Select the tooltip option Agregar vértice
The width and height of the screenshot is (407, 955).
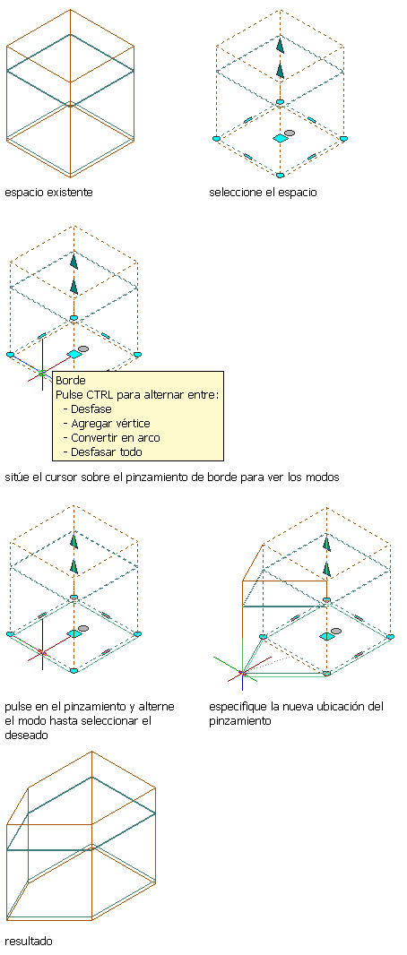coord(110,423)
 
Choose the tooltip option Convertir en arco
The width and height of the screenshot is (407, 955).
coord(116,437)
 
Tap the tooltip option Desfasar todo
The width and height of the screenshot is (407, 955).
coord(107,452)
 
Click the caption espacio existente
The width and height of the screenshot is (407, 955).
coord(48,193)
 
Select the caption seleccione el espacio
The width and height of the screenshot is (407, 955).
coord(263,193)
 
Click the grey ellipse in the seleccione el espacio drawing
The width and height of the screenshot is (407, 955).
coord(290,133)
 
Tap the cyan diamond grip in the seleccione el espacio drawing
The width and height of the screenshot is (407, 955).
coord(280,139)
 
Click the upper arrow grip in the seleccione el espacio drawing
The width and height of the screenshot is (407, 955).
coord(280,45)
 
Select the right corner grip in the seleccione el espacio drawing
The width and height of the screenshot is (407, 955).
coord(343,139)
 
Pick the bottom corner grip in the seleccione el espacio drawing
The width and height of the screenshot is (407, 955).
coord(280,176)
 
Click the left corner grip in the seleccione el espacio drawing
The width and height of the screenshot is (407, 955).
coord(216,139)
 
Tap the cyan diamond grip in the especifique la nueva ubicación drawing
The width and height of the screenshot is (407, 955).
coord(326,636)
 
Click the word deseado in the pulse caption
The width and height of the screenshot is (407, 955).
coord(25,736)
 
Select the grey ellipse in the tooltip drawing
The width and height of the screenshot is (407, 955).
coord(83,348)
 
